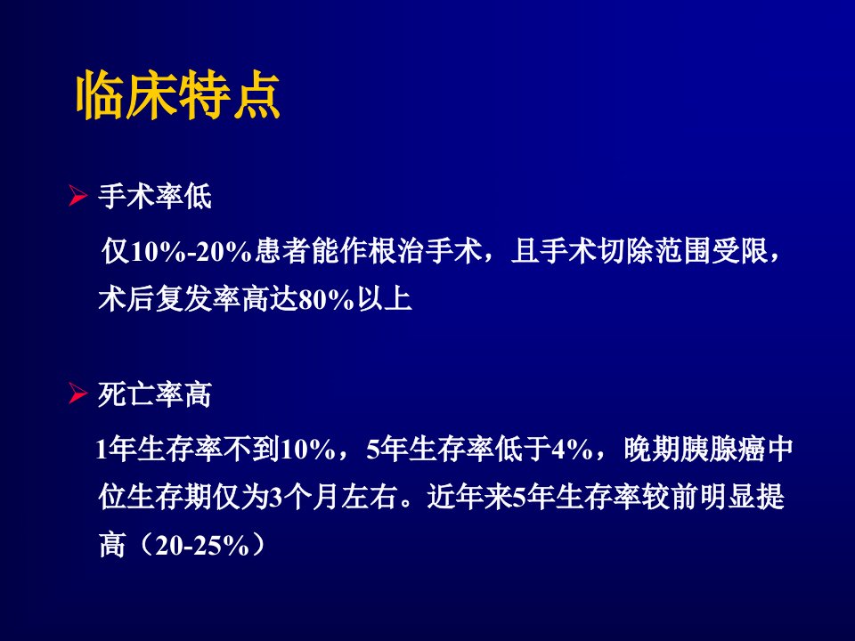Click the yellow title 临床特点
tap(178, 95)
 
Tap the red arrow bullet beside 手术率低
tap(78, 196)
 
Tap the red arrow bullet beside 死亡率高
tap(78, 394)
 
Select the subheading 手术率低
tap(155, 196)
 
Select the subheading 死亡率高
tap(155, 394)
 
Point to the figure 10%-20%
tap(191, 251)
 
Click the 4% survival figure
tap(573, 449)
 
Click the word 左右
tap(369, 497)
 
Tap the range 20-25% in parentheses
tap(202, 545)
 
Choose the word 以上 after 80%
tap(385, 299)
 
